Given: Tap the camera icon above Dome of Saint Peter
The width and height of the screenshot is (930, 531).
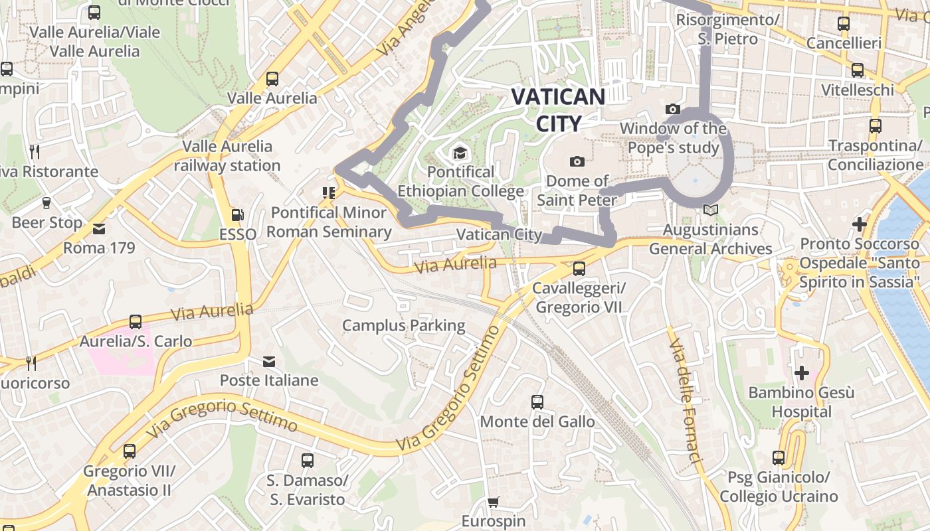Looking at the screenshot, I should coord(577,161).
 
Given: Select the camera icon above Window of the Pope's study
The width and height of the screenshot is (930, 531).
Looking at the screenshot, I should coord(672,109).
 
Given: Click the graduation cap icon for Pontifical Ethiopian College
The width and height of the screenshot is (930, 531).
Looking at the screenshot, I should coord(460,153).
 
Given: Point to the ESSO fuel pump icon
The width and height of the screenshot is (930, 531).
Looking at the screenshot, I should coord(237,215).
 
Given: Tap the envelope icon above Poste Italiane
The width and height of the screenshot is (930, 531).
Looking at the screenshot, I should coord(269,362).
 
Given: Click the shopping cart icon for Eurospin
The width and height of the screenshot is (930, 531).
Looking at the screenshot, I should coord(493,502).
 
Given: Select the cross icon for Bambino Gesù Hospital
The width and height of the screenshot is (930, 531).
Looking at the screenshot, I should coord(802,373).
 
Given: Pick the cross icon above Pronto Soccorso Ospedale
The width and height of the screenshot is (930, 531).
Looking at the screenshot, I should coord(860,224).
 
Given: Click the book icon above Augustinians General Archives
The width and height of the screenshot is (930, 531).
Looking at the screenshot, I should coord(711,210).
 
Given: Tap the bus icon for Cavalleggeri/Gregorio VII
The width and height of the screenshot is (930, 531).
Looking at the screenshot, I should coord(579,269).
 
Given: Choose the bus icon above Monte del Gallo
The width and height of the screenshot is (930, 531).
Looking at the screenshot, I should coord(537,402).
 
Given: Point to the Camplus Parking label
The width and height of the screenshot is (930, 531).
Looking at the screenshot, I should coord(403,325).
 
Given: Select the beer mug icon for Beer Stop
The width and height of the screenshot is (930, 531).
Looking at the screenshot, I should coord(46,203).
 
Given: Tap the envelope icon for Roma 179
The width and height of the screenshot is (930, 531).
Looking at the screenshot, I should coord(99,229).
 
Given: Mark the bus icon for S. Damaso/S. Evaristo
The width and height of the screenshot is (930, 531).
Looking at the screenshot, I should coord(307,461).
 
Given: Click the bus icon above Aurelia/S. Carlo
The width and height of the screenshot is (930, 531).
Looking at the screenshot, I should coord(136,322).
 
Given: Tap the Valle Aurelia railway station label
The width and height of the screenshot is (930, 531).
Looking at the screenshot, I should coord(227,156).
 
